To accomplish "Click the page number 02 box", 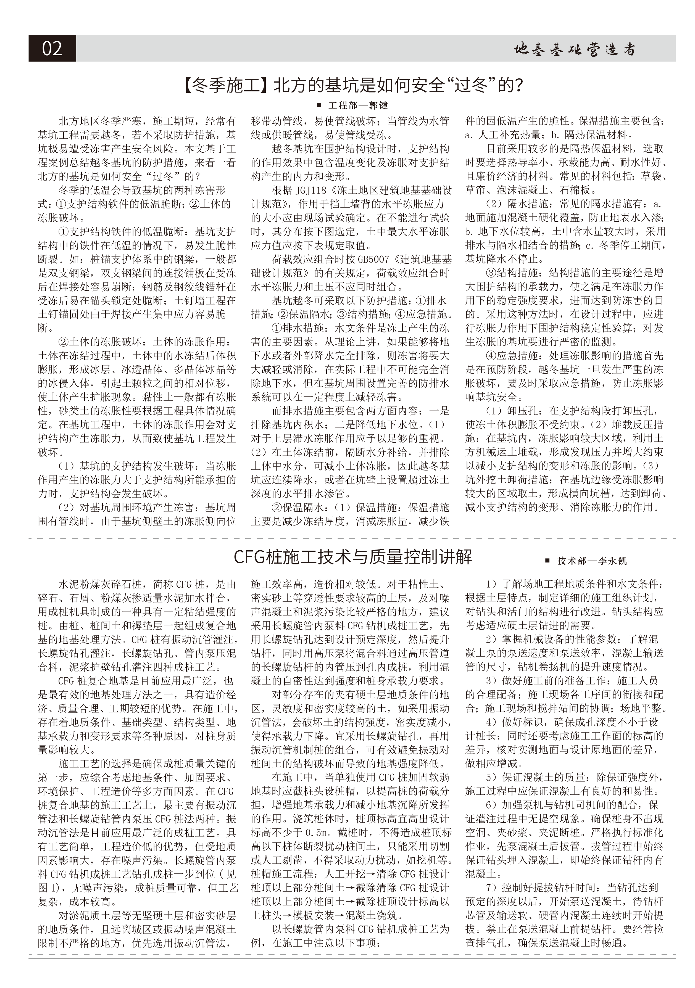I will tap(52, 48).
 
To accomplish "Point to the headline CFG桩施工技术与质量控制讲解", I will tap(352, 557).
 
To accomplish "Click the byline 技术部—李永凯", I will tap(592, 561).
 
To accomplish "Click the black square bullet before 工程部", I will tap(319, 105).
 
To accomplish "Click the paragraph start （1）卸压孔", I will tap(516, 411).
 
